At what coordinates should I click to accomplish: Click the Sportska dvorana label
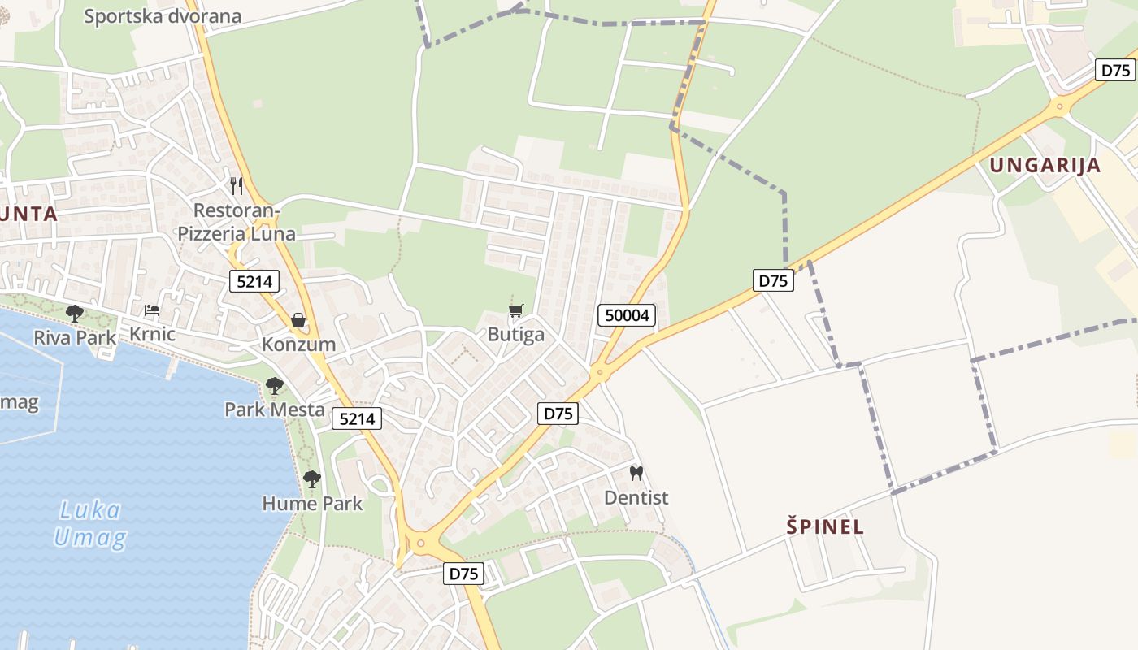[163, 16]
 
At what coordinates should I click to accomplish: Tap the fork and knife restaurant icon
[237, 185]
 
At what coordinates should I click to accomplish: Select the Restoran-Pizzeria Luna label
[237, 223]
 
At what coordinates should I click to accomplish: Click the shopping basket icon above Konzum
[298, 320]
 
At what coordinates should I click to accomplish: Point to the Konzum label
[298, 344]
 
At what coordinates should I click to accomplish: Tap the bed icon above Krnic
[152, 310]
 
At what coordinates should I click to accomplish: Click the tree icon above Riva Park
[75, 313]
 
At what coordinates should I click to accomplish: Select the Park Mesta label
[275, 409]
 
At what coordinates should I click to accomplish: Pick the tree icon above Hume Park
[312, 479]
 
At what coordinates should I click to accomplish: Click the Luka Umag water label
[90, 524]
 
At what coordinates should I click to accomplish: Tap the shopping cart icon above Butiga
[516, 310]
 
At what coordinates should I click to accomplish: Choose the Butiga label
[516, 335]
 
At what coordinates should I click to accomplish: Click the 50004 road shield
[627, 315]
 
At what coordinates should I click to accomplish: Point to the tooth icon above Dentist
[636, 472]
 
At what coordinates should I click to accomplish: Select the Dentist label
[636, 497]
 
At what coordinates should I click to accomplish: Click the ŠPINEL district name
[825, 526]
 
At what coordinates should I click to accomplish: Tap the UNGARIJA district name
[1045, 166]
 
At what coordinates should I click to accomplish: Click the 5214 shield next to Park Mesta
[357, 418]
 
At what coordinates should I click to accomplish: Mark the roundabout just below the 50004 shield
[600, 372]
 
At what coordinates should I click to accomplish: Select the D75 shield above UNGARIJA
[1115, 70]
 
